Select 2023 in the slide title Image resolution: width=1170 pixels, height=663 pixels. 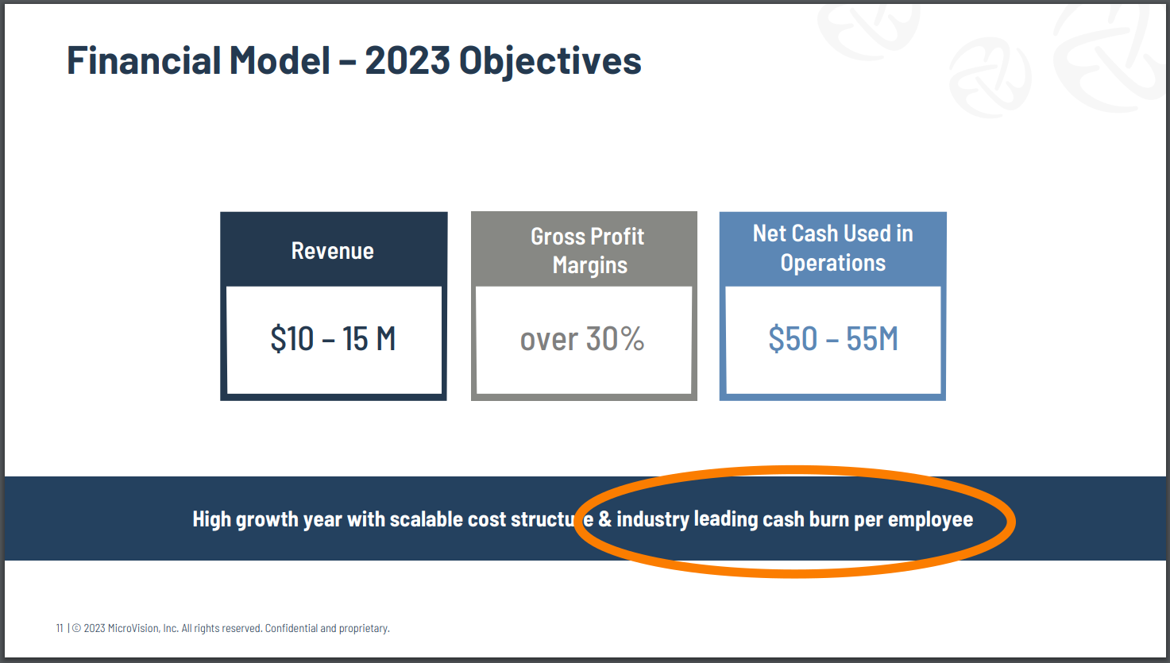pyautogui.click(x=407, y=60)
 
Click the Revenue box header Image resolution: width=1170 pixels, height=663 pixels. pyautogui.click(x=333, y=251)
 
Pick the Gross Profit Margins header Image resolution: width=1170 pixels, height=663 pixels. pyautogui.click(x=588, y=251)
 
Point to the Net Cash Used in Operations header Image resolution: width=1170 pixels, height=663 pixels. pyautogui.click(x=833, y=248)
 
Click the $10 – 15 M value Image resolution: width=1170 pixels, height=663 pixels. pyautogui.click(x=333, y=338)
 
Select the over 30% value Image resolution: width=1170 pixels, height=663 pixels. pyautogui.click(x=582, y=338)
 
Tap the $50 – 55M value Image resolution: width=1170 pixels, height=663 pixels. pyautogui.click(x=833, y=338)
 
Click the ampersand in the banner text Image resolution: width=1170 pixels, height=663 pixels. pyautogui.click(x=604, y=519)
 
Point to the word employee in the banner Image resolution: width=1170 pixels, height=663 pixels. pyautogui.click(x=930, y=520)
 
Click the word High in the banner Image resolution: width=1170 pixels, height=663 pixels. pyautogui.click(x=211, y=520)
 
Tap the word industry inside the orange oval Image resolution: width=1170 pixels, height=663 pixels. pyautogui.click(x=653, y=520)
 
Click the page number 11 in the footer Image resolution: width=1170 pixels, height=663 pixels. pyautogui.click(x=60, y=628)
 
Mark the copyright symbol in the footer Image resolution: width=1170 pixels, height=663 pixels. pyautogui.click(x=76, y=628)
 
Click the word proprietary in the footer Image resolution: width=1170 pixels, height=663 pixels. pyautogui.click(x=364, y=629)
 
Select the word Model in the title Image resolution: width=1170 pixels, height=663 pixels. pyautogui.click(x=280, y=60)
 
